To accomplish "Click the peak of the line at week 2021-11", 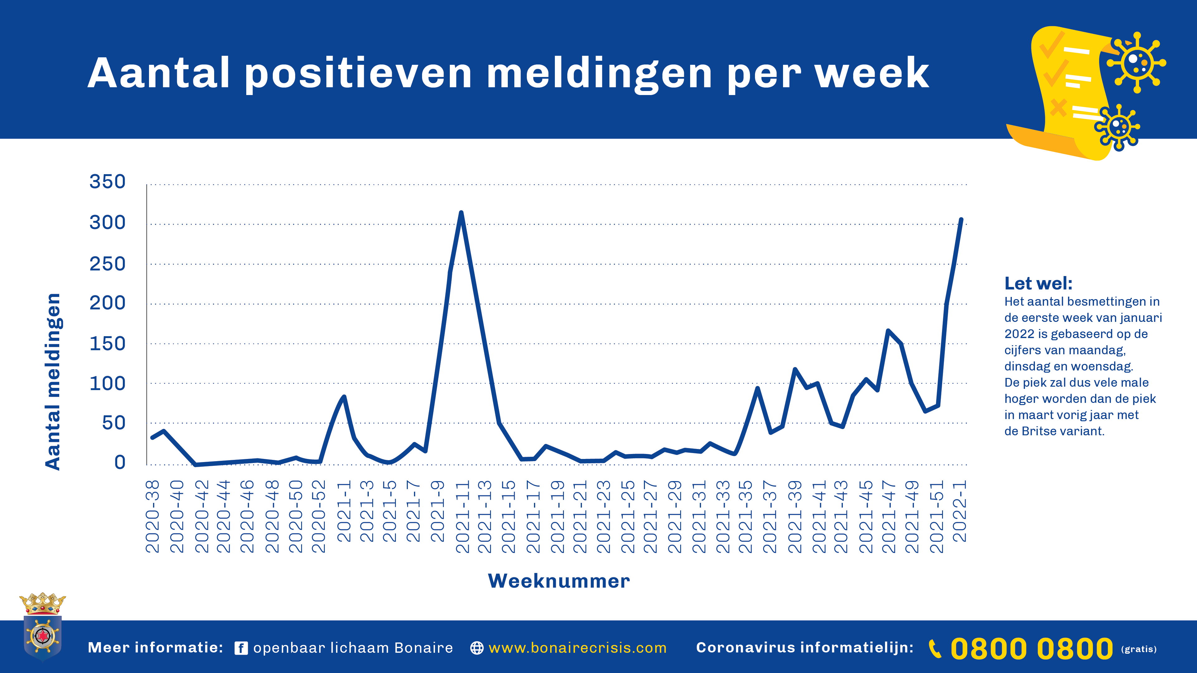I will pos(461,213).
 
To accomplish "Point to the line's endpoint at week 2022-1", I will pos(961,219).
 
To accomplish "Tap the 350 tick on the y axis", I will pos(107,182).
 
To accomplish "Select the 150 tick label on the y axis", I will pos(107,344).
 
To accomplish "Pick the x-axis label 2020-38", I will pos(152,517).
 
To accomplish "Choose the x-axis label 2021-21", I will pos(580,517).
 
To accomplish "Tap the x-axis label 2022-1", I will pos(960,511).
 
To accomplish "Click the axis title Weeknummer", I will pos(559,581).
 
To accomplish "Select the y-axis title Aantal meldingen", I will pos(53,382).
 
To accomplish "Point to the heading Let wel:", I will pos(1038,283).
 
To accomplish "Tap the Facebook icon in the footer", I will pos(241,648).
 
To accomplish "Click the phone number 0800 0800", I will pos(1031,648).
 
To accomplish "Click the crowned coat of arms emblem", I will pos(42,627).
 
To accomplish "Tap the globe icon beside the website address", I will pos(477,648).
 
